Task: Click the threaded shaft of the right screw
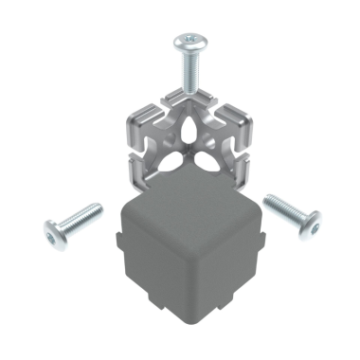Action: pos(278,204)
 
